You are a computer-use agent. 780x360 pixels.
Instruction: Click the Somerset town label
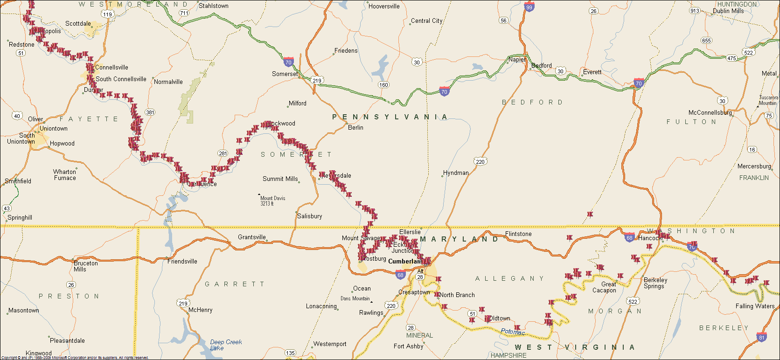(285, 74)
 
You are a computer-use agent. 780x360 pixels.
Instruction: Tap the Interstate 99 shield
(529, 7)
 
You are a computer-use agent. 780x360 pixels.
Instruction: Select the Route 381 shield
(150, 112)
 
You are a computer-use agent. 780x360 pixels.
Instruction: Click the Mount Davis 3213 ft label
(272, 201)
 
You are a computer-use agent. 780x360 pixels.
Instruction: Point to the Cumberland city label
(404, 261)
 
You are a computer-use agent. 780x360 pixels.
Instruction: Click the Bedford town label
(542, 66)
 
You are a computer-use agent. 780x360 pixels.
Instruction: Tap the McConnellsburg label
(710, 113)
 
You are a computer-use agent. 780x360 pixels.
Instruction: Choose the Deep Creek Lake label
(226, 345)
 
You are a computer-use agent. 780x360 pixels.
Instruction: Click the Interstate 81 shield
(762, 337)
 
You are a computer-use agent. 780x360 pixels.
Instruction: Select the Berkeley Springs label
(655, 283)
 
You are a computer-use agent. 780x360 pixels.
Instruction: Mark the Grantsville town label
(251, 237)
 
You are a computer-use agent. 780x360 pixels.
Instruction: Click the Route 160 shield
(383, 85)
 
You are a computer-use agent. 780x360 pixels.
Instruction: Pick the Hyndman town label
(456, 173)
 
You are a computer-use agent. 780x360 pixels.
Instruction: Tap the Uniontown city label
(53, 128)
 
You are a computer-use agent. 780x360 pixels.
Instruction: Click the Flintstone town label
(518, 234)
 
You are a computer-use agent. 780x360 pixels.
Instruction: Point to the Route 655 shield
(706, 41)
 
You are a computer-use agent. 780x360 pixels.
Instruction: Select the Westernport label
(330, 344)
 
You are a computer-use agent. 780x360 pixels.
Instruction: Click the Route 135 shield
(290, 353)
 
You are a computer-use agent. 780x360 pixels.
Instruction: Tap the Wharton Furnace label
(64, 174)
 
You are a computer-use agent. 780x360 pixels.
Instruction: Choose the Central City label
(426, 21)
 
